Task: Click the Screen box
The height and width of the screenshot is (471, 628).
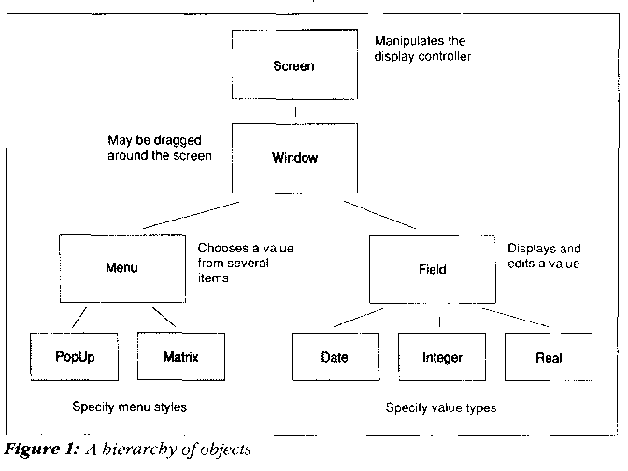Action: click(294, 66)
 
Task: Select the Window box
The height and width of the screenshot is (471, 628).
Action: click(294, 157)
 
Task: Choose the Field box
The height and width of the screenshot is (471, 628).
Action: click(433, 269)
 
